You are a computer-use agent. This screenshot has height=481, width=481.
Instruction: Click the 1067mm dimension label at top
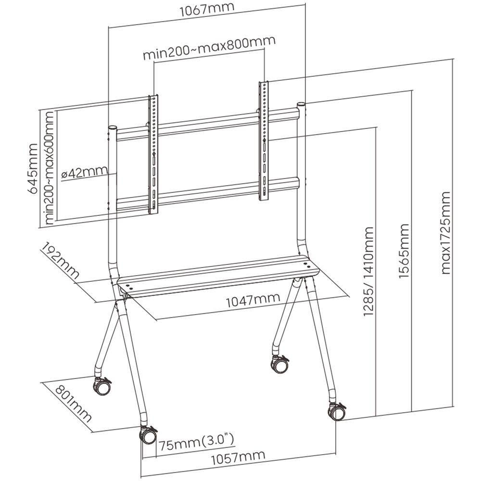tap(207, 10)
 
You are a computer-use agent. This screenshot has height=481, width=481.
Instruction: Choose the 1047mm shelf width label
tap(253, 300)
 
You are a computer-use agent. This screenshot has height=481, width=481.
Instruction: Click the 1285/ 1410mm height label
tap(368, 272)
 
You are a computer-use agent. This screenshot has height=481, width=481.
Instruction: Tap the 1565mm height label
tap(404, 250)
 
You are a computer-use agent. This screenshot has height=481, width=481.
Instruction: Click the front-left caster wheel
tap(147, 435)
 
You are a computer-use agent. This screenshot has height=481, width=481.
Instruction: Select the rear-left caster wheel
tap(102, 386)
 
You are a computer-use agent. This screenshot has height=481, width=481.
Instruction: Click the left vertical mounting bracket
tap(153, 154)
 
